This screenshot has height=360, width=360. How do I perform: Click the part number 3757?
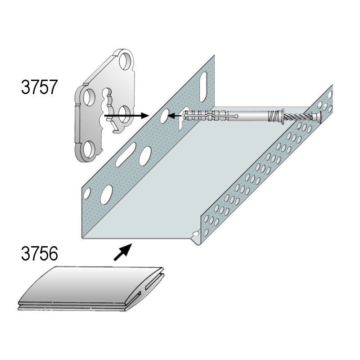click(x=39, y=87)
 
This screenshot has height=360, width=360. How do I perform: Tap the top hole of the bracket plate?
click(x=126, y=61)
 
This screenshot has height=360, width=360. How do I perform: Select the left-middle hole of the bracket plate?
click(x=89, y=98)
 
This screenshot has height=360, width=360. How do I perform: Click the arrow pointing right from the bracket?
click(x=127, y=116)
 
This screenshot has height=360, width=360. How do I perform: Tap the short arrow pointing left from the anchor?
click(x=175, y=116)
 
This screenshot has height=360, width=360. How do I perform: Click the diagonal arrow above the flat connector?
click(x=123, y=252)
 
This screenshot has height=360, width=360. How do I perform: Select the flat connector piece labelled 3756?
click(x=91, y=288)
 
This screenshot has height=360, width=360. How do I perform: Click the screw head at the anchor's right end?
click(x=318, y=117)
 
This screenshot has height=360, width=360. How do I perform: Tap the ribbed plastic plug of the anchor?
click(x=204, y=115)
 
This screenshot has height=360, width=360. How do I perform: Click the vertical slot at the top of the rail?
click(x=203, y=87)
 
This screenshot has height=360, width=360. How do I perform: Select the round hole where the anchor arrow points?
click(x=164, y=116)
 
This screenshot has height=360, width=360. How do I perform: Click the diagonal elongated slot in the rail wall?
click(x=126, y=154)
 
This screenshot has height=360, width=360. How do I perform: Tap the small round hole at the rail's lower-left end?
click(x=87, y=193)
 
